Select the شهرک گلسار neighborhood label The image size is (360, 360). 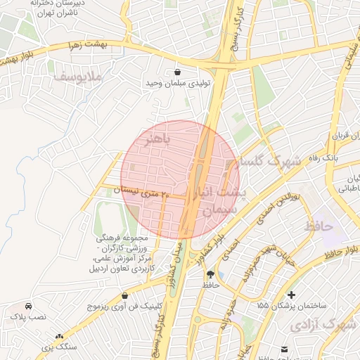[270, 161]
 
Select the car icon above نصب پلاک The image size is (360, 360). [28, 307]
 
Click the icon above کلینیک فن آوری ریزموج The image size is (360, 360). [124, 296]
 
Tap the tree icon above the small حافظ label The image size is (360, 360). [211, 273]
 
